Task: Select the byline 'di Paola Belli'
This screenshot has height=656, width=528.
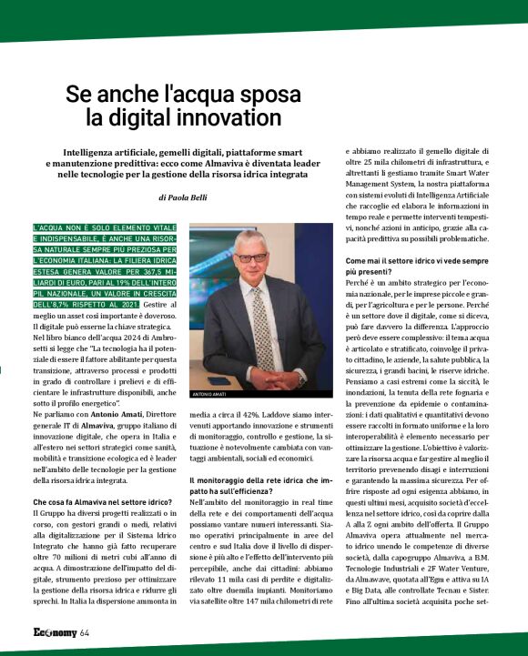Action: tap(187, 196)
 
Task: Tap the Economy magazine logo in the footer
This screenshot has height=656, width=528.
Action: tap(54, 633)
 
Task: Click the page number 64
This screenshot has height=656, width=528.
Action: tap(85, 633)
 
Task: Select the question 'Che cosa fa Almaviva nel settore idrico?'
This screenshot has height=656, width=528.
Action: tap(102, 502)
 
